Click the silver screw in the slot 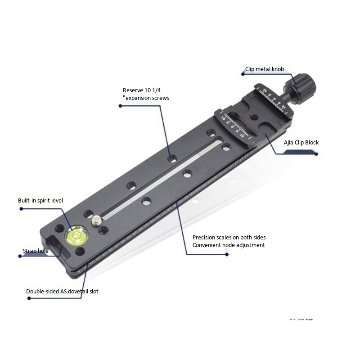pos(97,220)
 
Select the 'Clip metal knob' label pos(265,69)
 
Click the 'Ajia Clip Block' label pos(301,143)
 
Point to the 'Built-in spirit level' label pos(40,200)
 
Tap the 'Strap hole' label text pos(36,251)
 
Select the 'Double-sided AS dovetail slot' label pos(62,291)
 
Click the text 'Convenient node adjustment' pos(229,245)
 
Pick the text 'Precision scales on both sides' pos(232,237)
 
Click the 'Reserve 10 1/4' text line pos(141,90)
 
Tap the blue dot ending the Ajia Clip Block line pos(316,154)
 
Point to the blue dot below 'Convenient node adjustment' pos(227,254)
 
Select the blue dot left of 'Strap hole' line pos(20,256)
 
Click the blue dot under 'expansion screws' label pos(120,106)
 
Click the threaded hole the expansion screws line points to pos(171,159)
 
